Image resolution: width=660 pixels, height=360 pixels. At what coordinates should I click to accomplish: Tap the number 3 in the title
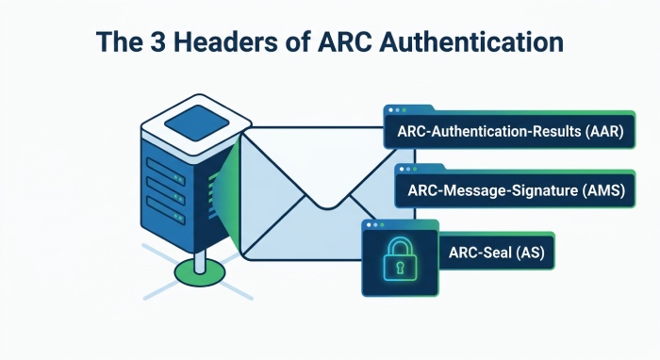click(x=157, y=42)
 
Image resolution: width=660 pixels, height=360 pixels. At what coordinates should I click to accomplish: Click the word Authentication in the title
click(x=471, y=41)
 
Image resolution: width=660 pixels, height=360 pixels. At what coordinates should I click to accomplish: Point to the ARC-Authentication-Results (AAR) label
click(x=510, y=131)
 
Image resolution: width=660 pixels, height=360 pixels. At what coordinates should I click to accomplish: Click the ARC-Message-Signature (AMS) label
click(x=516, y=190)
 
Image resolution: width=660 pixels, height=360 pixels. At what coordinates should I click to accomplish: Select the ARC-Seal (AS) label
click(x=496, y=253)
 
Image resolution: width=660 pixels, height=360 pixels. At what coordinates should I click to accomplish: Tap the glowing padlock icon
click(x=400, y=258)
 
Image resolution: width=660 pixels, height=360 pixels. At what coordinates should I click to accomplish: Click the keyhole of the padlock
click(x=400, y=267)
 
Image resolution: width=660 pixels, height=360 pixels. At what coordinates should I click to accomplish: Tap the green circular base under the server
click(x=200, y=272)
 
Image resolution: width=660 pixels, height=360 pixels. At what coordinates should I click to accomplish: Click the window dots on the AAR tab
click(x=397, y=110)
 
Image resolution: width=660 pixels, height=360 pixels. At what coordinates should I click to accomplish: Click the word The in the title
click(x=120, y=41)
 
